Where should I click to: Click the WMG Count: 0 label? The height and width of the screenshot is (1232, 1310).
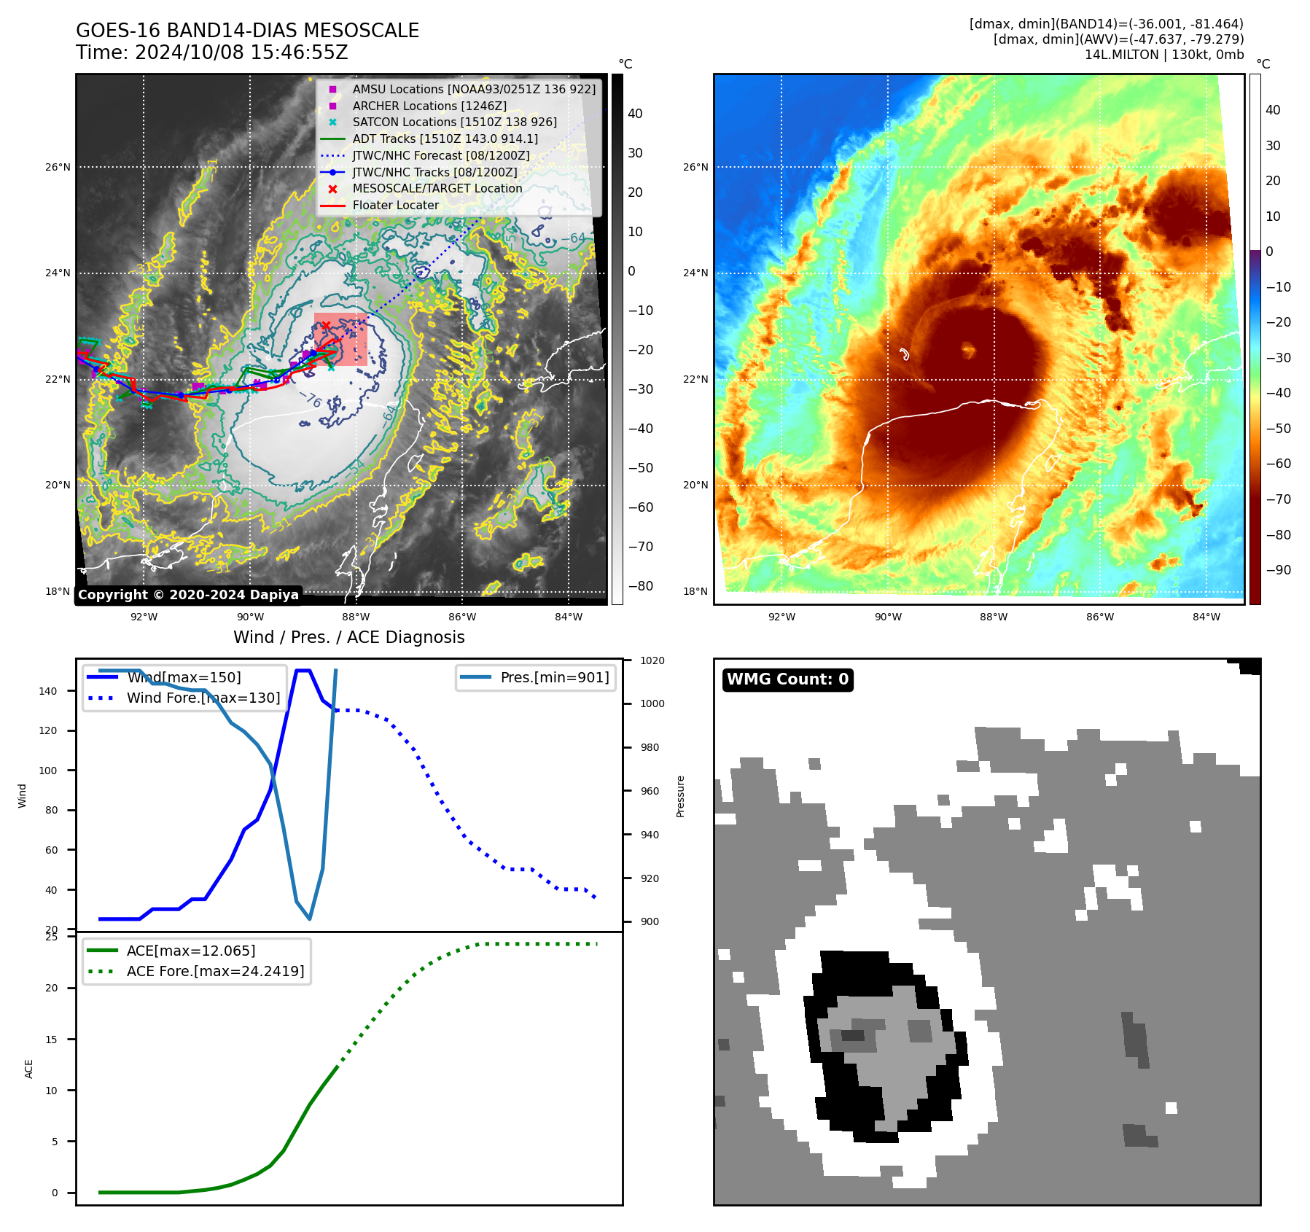(x=787, y=679)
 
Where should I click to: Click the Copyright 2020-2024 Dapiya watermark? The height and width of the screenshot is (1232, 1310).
(x=188, y=595)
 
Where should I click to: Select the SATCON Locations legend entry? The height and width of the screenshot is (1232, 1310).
(x=454, y=122)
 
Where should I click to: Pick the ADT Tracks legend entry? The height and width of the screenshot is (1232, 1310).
(x=445, y=139)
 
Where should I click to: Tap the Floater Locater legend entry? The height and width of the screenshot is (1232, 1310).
(x=395, y=206)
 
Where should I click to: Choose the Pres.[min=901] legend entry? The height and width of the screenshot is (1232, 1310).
(x=554, y=677)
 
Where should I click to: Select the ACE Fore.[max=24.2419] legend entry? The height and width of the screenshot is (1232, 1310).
(x=215, y=971)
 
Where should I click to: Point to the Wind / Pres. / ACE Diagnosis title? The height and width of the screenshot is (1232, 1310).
(x=348, y=637)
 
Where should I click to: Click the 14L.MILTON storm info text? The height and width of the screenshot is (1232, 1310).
(x=1163, y=55)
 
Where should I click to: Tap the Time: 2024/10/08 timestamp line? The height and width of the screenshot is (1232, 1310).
(x=211, y=53)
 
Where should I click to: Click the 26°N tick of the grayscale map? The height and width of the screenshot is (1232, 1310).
(x=58, y=167)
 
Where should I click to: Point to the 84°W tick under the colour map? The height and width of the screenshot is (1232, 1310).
(x=1206, y=617)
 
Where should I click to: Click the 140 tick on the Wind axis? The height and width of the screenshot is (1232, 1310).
(x=48, y=691)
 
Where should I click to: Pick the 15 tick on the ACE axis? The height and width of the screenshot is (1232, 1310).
(x=51, y=1040)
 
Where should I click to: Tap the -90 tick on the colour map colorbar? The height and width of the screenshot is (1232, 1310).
(x=1278, y=570)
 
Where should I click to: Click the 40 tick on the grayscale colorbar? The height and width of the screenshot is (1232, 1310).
(x=635, y=114)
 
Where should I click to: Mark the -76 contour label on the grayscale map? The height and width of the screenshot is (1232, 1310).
(x=311, y=399)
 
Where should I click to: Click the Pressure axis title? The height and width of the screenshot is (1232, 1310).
(x=680, y=796)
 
